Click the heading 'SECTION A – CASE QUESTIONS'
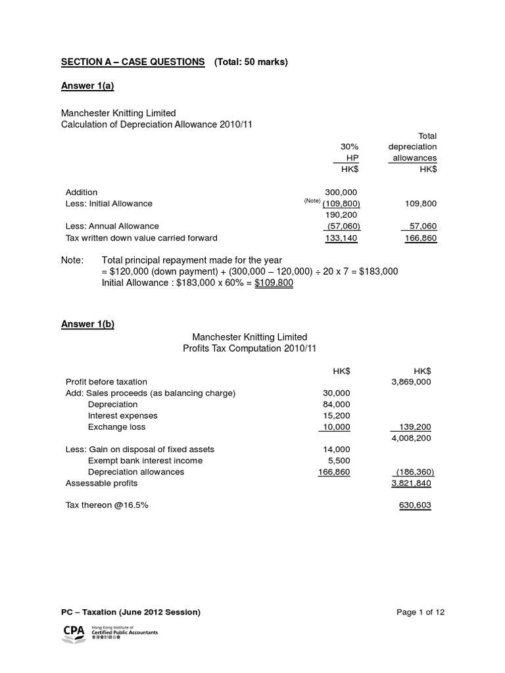tap(133, 62)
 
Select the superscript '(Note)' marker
tap(310, 201)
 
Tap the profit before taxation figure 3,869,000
tap(410, 381)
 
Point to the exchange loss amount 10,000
tap(336, 427)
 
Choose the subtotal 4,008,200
tap(410, 438)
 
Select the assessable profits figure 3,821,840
tap(410, 483)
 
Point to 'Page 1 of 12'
tap(421, 612)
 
